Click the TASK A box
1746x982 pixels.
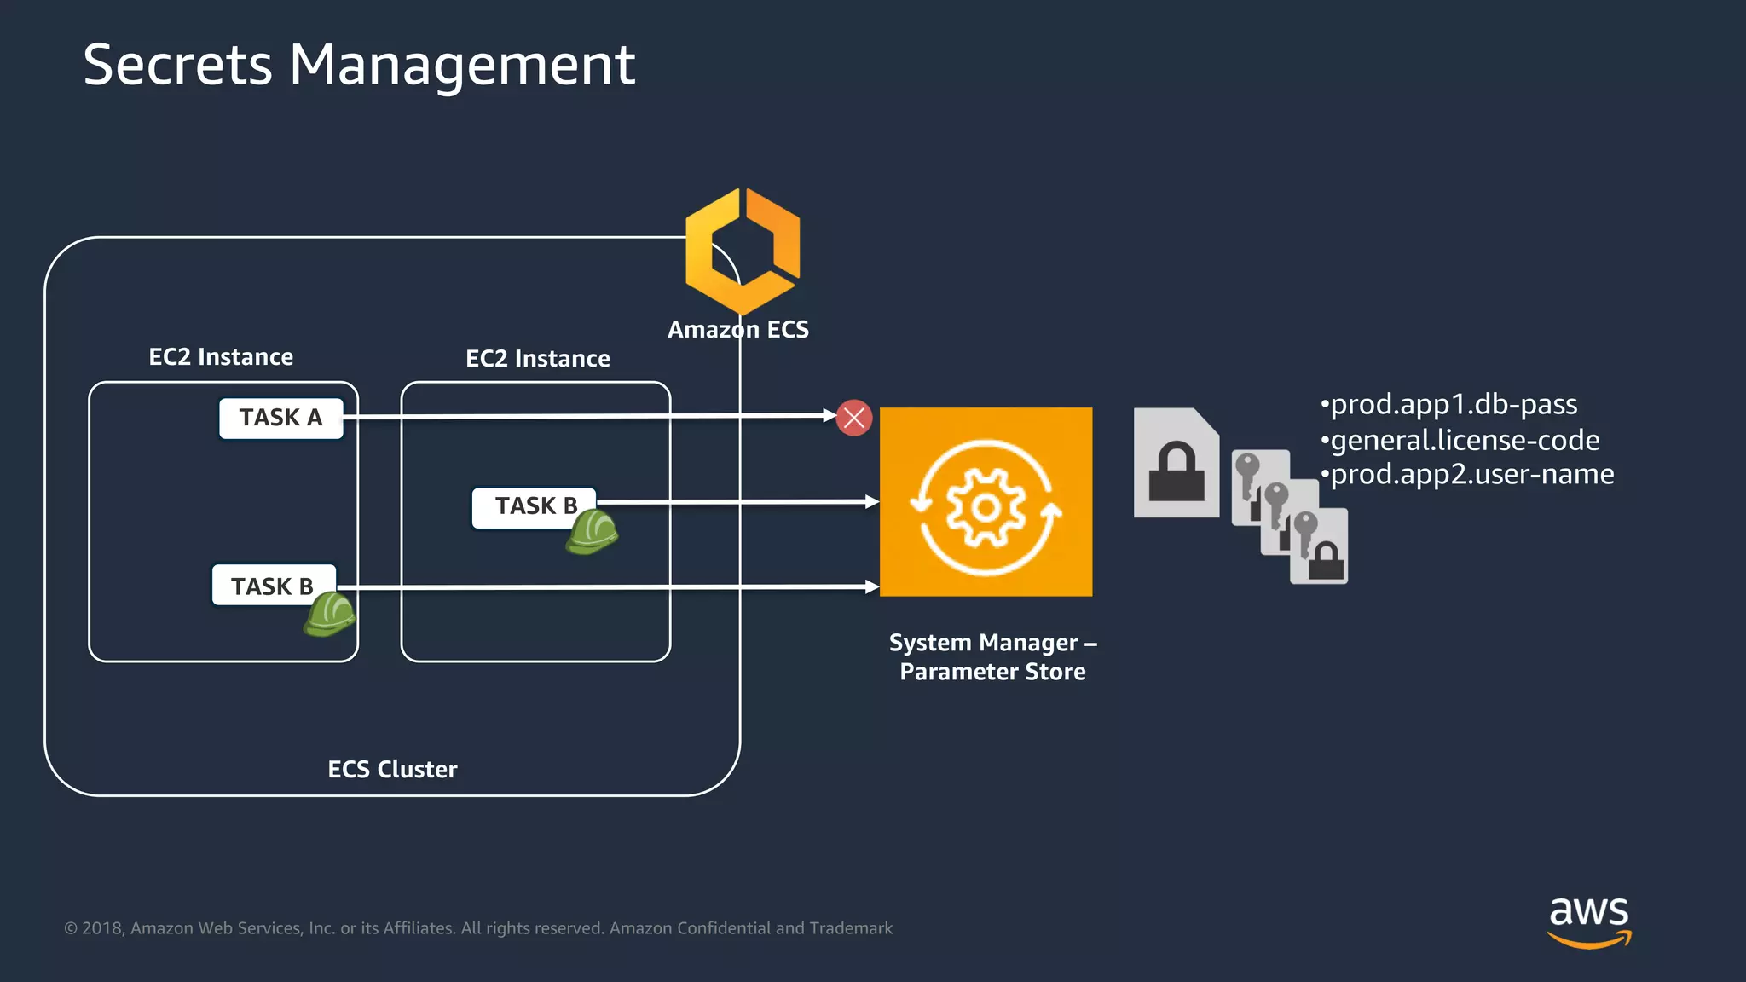coord(280,418)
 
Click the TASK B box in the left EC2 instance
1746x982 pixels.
coord(273,586)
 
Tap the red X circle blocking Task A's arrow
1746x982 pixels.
coord(853,418)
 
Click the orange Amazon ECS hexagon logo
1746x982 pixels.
coord(743,251)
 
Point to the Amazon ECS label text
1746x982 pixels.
coord(737,330)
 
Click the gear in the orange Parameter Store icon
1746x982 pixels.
coord(986,508)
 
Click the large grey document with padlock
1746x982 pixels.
coord(1176,464)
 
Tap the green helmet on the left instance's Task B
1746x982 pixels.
coord(329,615)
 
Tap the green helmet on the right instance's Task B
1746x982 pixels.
coord(592,532)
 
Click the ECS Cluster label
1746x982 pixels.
coord(392,769)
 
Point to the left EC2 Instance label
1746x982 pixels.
coord(221,356)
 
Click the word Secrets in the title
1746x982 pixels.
coord(177,65)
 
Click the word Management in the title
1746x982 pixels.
coord(462,65)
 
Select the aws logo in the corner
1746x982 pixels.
coord(1588,921)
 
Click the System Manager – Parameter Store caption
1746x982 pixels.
coord(992,656)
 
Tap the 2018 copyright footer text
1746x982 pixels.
coord(477,928)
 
